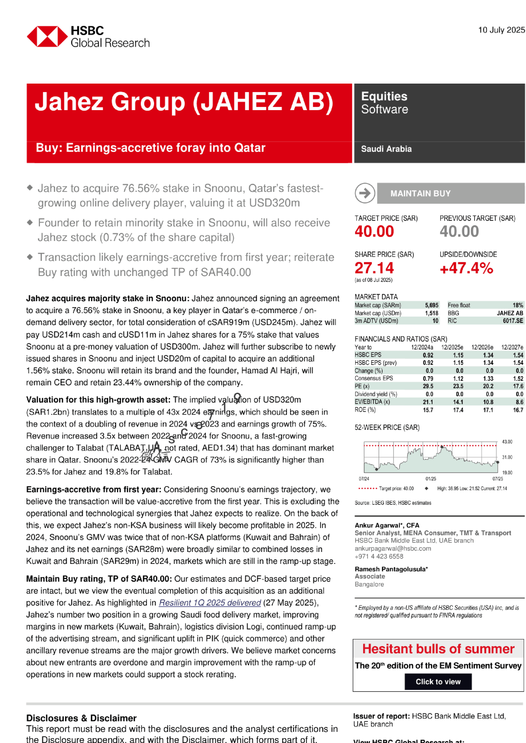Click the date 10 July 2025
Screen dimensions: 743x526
[501, 30]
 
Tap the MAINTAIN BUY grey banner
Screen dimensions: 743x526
[450, 193]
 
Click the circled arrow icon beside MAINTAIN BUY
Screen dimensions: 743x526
[365, 193]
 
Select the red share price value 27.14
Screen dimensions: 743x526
[374, 268]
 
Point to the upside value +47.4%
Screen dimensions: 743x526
[466, 268]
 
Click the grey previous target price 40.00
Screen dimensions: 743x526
[459, 231]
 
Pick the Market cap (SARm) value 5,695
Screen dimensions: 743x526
[431, 305]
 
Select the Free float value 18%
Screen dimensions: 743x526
[518, 305]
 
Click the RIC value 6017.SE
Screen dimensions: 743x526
[513, 321]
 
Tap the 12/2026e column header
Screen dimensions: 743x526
[482, 347]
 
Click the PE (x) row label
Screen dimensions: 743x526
[362, 386]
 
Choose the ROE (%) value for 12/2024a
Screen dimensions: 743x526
[428, 410]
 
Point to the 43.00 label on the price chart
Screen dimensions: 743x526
[507, 442]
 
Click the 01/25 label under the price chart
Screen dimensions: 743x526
[431, 479]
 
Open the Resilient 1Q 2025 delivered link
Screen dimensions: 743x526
[210, 603]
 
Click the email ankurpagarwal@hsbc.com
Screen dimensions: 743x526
[393, 548]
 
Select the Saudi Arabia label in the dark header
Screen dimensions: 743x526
[386, 149]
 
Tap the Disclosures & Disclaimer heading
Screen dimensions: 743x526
[81, 718]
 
